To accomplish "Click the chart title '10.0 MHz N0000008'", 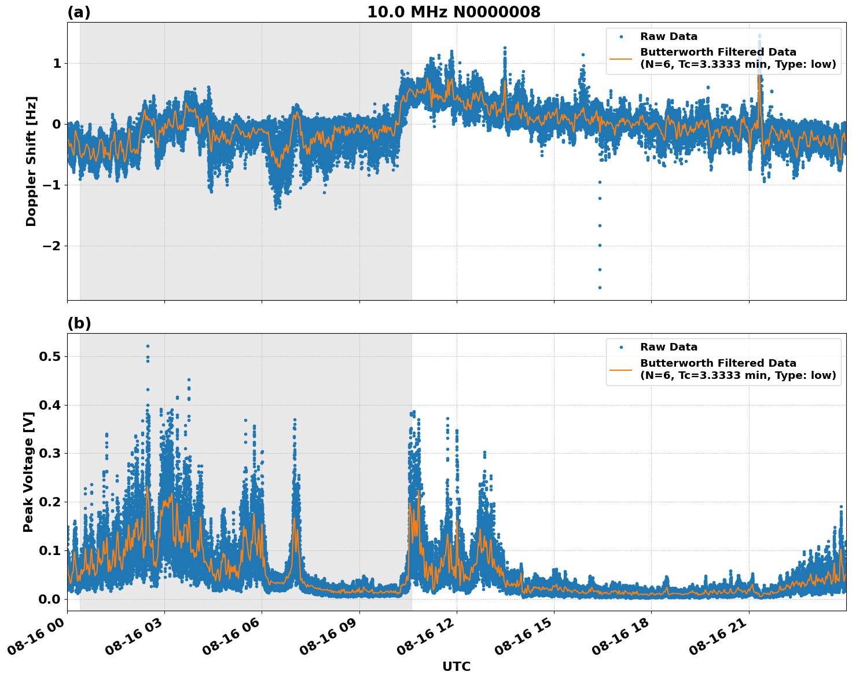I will (x=453, y=12).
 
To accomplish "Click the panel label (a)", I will (x=79, y=12).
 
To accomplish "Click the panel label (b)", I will (x=79, y=323).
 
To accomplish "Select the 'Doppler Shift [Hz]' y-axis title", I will (x=31, y=161).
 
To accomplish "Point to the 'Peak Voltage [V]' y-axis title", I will (x=28, y=472).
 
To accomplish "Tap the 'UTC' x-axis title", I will (x=456, y=666).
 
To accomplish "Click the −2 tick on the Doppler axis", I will (x=49, y=246).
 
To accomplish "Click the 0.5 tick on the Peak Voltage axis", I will (x=49, y=356).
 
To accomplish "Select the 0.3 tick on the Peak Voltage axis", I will (x=49, y=453).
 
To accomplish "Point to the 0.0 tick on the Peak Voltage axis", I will (x=49, y=598).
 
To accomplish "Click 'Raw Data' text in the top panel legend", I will (x=669, y=36).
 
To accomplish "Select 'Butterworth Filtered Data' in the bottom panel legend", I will (x=718, y=363).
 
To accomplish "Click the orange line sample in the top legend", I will (x=620, y=59).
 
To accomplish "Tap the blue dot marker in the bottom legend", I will (x=620, y=347).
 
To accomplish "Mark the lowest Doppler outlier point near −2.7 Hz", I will (x=600, y=287).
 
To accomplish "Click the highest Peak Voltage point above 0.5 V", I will (x=148, y=346).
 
